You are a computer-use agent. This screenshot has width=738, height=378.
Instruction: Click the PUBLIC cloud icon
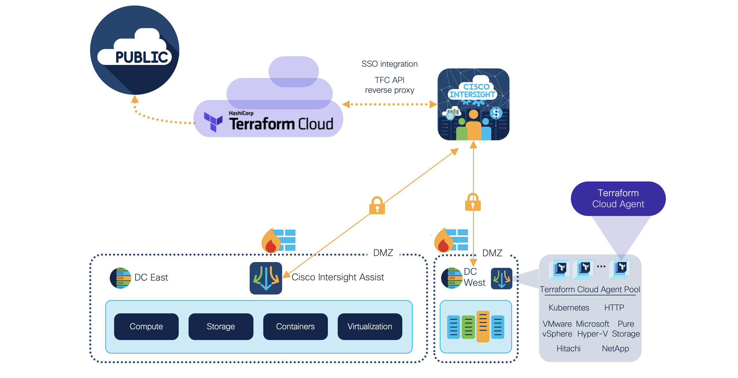coord(135,50)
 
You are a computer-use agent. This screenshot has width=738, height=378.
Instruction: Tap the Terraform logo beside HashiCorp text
coord(213,121)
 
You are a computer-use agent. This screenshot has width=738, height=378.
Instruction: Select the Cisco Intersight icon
coord(473,104)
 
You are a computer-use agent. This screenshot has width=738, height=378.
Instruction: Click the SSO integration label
coord(389,64)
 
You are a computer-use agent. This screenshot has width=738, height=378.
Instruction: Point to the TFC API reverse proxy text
coord(389,85)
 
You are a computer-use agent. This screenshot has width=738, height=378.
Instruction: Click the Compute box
coord(146,326)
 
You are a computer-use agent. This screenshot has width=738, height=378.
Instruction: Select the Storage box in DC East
coord(221,326)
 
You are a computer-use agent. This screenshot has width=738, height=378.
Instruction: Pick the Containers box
coord(295,326)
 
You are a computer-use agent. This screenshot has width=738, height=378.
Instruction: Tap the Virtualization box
coord(370,326)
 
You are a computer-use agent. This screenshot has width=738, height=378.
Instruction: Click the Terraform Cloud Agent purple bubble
coord(618,199)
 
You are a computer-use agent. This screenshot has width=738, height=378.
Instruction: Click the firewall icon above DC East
coord(278,240)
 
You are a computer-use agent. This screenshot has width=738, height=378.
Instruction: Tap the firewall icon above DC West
coord(451,240)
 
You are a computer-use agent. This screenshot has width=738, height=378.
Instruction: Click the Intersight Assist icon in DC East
coord(266,278)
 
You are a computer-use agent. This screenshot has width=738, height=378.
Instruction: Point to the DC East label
coord(151,277)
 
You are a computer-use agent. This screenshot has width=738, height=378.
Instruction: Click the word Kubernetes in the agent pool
coord(569,308)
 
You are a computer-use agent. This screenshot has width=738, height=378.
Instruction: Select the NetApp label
coord(615,348)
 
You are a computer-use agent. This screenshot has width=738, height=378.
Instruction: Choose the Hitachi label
coord(568,348)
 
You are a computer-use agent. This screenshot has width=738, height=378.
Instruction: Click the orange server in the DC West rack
coord(483,326)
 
